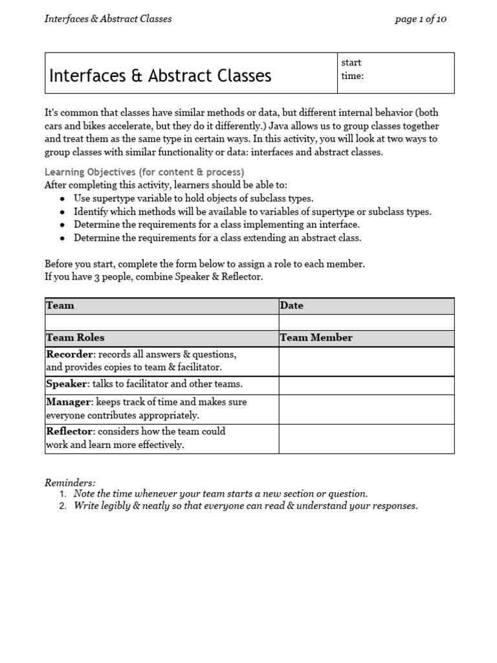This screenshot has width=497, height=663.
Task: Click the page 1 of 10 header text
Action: click(x=421, y=19)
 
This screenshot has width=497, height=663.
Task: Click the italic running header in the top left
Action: click(x=108, y=19)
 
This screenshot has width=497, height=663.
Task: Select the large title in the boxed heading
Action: click(x=160, y=76)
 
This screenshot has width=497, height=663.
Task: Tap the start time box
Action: click(x=395, y=73)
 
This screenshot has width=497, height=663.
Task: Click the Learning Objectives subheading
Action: click(x=144, y=172)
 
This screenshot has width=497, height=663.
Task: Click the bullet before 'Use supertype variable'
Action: click(x=62, y=199)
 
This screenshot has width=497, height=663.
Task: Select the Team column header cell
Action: click(x=161, y=306)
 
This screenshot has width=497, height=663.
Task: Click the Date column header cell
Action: click(x=366, y=306)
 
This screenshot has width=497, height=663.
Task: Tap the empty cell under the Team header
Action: click(x=161, y=322)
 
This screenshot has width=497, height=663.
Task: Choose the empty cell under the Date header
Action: click(x=366, y=322)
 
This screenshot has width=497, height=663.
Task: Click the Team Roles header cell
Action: click(x=161, y=338)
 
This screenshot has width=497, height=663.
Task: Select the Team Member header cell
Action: click(x=366, y=338)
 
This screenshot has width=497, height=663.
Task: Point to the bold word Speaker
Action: click(x=67, y=384)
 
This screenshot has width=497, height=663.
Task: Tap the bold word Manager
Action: click(x=69, y=402)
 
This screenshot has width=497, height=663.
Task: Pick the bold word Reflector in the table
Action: click(x=70, y=431)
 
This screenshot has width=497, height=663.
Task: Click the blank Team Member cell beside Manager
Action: click(x=366, y=409)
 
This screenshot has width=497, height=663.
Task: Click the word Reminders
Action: click(x=70, y=482)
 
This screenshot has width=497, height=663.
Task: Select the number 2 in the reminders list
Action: click(x=63, y=506)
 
